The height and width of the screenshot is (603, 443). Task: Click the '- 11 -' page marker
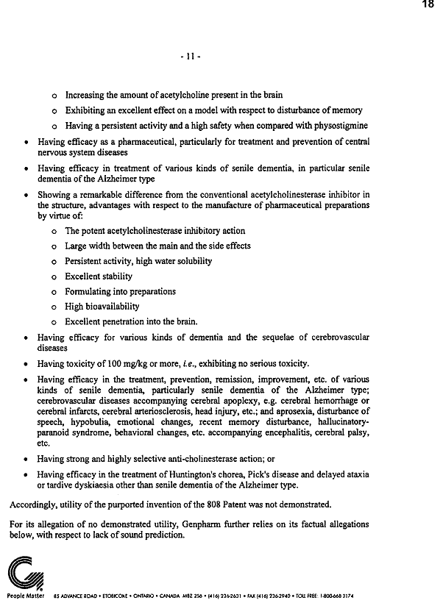tap(191, 56)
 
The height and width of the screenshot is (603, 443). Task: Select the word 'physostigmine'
tap(336, 125)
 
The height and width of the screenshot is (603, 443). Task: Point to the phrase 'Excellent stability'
tap(99, 276)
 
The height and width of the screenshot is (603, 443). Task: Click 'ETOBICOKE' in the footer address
tap(112, 595)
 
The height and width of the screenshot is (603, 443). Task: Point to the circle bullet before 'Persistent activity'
tap(54, 262)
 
